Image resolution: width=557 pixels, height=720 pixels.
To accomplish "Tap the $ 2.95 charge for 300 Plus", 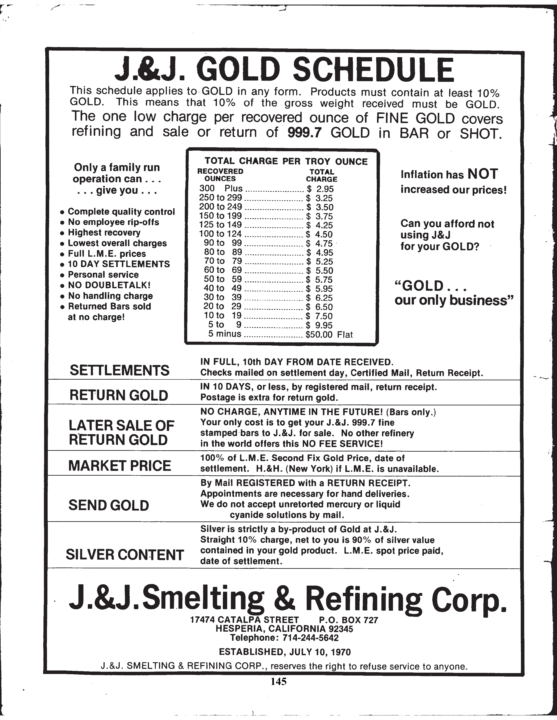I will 320,189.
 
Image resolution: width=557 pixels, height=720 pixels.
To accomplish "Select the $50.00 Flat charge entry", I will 329,335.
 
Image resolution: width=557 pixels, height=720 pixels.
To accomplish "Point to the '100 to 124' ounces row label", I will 220,234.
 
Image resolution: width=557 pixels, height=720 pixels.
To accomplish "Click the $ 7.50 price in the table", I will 319,316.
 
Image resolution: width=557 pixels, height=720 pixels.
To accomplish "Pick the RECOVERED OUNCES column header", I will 220,175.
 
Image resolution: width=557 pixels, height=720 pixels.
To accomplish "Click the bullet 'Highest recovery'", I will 104,233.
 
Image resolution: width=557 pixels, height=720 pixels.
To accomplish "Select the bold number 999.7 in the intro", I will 304,132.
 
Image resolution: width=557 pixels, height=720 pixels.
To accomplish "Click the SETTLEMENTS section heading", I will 119,370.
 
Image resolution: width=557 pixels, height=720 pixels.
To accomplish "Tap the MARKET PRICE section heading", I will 119,466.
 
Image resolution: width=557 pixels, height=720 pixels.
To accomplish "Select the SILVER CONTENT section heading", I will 125,555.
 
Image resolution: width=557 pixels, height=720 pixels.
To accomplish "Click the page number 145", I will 278,681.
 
